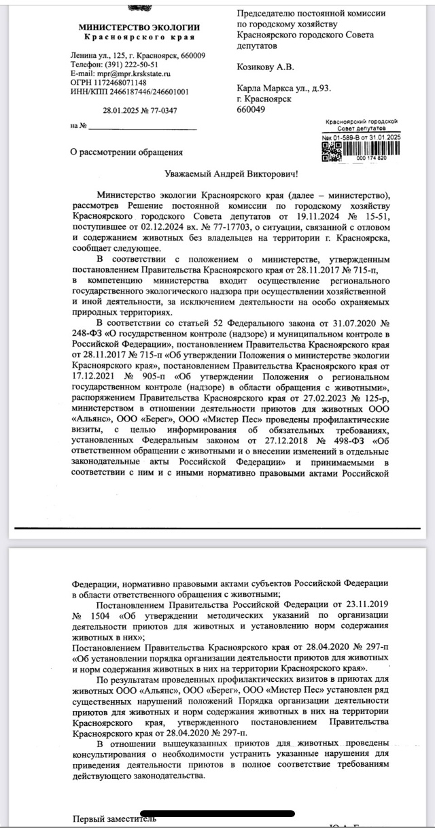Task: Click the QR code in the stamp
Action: (329, 151)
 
